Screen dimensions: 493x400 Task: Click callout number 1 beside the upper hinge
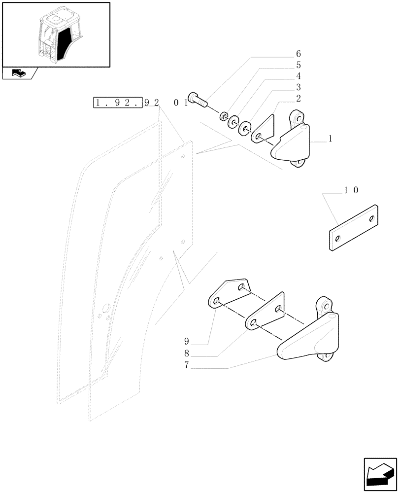pyautogui.click(x=330, y=140)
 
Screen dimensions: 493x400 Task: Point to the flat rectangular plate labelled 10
pyautogui.click(x=353, y=228)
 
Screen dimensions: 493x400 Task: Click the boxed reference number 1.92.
pyautogui.click(x=118, y=103)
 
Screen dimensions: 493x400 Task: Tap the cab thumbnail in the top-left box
pyautogui.click(x=56, y=34)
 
